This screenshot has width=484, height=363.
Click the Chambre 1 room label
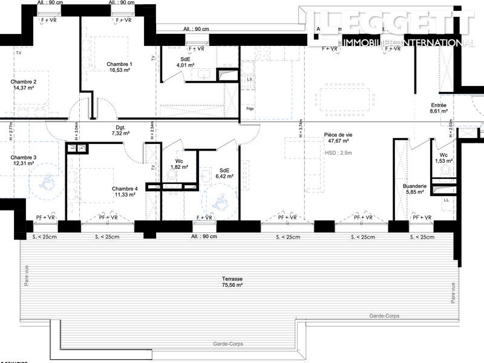click(x=119, y=64)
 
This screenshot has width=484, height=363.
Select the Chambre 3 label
click(x=23, y=157)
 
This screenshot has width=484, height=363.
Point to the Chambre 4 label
click(x=125, y=189)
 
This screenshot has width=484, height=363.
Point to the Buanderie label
click(x=415, y=186)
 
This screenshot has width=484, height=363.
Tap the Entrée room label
click(x=439, y=105)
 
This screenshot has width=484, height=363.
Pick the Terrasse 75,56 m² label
click(x=232, y=281)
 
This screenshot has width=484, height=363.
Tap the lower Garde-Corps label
click(x=229, y=344)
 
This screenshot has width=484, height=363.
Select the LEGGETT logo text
click(x=393, y=24)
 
